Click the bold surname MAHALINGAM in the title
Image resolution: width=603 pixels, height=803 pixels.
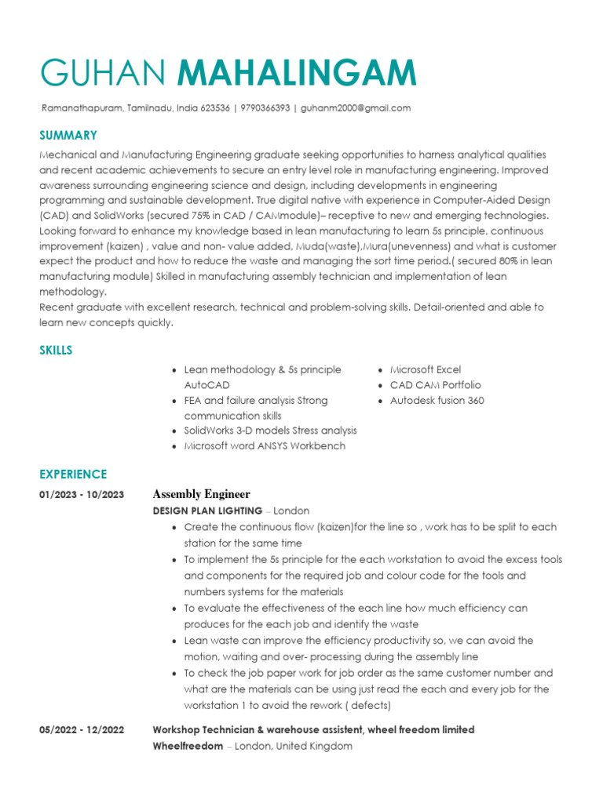(x=297, y=72)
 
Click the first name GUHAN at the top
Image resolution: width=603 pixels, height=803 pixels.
(x=103, y=72)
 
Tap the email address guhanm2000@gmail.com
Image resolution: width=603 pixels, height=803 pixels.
(x=356, y=108)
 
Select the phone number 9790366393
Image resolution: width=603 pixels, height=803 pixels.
(x=265, y=108)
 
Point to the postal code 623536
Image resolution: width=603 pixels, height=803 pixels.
(x=214, y=108)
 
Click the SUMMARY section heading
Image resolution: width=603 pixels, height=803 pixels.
(x=68, y=135)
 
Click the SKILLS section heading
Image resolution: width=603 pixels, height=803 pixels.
(x=56, y=350)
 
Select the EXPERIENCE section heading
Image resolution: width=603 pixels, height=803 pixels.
(x=73, y=474)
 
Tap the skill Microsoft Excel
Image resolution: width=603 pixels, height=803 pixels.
(x=426, y=369)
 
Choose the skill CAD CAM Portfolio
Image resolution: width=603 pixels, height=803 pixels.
(x=435, y=385)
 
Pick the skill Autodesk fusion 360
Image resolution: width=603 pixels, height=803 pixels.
(x=437, y=401)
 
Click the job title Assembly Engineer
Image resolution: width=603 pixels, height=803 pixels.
(x=201, y=494)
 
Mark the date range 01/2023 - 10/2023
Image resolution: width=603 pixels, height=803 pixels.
(x=82, y=495)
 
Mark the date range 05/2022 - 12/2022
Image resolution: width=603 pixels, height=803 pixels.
(x=82, y=730)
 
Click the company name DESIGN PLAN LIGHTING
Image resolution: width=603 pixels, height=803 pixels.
(x=207, y=511)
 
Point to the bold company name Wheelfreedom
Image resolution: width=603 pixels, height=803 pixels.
(x=188, y=747)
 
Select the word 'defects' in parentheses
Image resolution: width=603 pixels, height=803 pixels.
(x=370, y=705)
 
